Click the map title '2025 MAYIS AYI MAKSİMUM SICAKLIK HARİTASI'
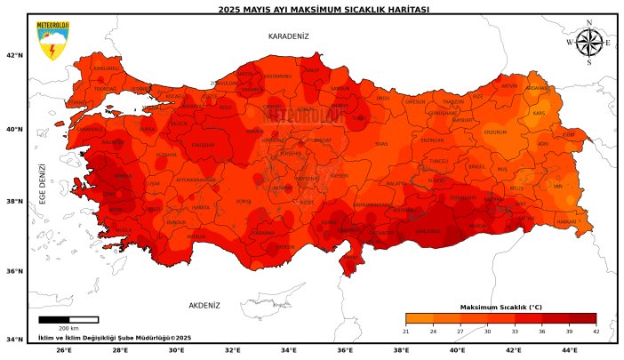311,9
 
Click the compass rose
588,43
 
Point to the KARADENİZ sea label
288,36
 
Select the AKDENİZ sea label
204,305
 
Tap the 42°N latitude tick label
14,55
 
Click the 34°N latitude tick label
14,340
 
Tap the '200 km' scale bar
68,319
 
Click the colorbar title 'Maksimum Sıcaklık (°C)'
500,307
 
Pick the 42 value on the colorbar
596,332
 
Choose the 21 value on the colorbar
405,332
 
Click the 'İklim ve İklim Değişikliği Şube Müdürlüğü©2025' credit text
115,338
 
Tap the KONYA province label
243,201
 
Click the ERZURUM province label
494,132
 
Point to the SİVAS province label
381,143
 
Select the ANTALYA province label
196,236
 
